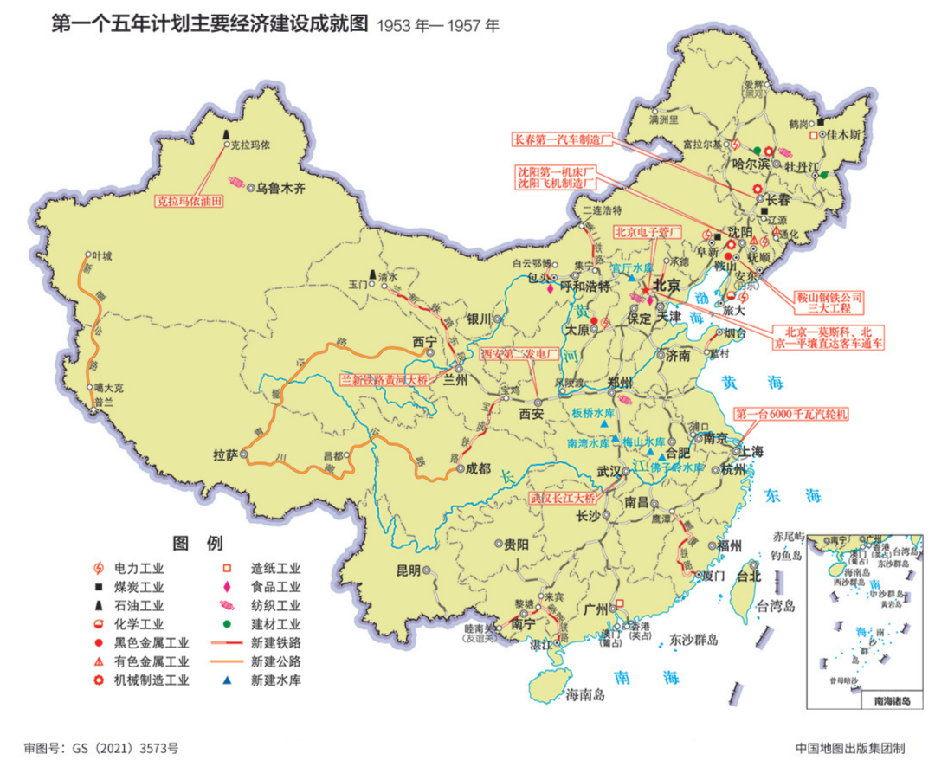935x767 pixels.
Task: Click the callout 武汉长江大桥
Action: coord(564,499)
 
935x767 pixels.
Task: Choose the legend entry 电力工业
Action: coord(139,569)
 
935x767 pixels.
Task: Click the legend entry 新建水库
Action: coord(275,680)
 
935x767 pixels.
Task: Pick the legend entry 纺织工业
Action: coord(275,606)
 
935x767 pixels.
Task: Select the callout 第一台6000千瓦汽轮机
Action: coord(790,414)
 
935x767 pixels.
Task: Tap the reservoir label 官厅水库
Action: coord(634,269)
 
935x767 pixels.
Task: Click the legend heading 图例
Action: coord(198,544)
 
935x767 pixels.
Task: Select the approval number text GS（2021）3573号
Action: coord(125,746)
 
